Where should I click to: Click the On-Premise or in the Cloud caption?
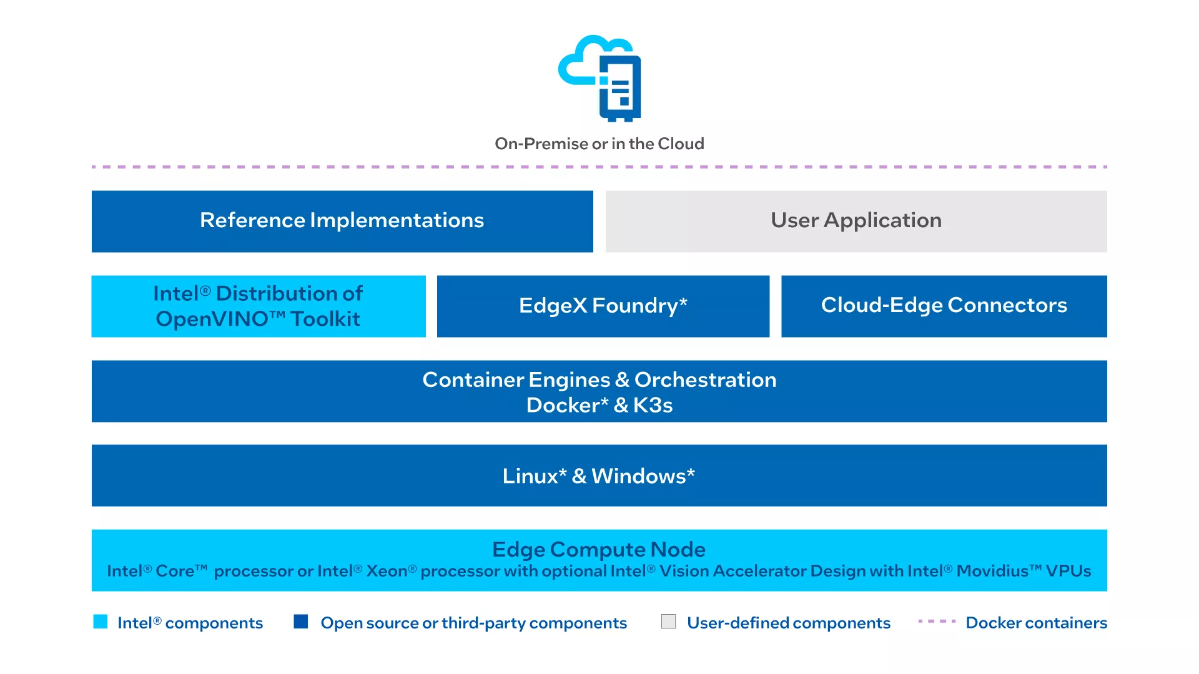599,144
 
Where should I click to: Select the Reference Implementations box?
342,222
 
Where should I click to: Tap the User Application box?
856,222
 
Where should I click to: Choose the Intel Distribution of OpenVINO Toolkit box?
259,306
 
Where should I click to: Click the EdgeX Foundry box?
603,306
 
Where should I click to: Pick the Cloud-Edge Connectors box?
944,306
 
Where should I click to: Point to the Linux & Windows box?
599,476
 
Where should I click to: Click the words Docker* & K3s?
599,405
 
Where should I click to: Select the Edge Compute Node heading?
599,549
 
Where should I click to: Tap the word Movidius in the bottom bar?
992,571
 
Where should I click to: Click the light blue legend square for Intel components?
101,622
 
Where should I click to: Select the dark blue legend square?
301,622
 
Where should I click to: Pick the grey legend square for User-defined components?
669,622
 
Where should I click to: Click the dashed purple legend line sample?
937,622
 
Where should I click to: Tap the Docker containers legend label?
1037,623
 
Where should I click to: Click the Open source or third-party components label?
474,623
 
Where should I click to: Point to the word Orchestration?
706,379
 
